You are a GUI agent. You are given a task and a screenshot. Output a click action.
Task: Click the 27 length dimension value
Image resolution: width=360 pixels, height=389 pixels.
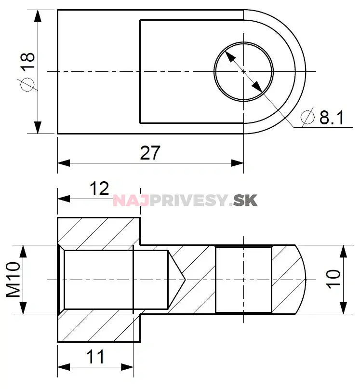(x=149, y=153)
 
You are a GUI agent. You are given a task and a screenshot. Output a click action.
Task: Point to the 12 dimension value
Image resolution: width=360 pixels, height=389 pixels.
(x=100, y=188)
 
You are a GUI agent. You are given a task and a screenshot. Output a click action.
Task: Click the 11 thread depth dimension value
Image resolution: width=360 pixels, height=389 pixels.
(x=95, y=357)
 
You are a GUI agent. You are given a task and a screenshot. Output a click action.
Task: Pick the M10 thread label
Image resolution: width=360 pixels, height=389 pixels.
(x=13, y=280)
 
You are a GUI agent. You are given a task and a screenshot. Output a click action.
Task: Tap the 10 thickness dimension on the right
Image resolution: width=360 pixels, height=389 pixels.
(x=333, y=280)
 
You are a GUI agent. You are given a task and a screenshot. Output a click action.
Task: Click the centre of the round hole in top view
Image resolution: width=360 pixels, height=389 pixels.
(x=244, y=71)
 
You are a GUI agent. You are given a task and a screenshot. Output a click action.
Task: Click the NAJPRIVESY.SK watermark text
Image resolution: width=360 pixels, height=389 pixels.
(x=186, y=200)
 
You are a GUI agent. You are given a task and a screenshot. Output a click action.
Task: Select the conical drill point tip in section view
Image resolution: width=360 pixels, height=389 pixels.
(x=184, y=279)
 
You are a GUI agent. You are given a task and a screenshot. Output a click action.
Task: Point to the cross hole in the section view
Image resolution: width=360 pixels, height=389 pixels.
(x=243, y=280)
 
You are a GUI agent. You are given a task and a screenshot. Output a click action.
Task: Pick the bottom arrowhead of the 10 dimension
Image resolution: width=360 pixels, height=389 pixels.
(x=343, y=308)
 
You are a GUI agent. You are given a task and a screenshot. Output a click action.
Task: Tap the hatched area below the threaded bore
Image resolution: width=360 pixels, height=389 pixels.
(x=99, y=328)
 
